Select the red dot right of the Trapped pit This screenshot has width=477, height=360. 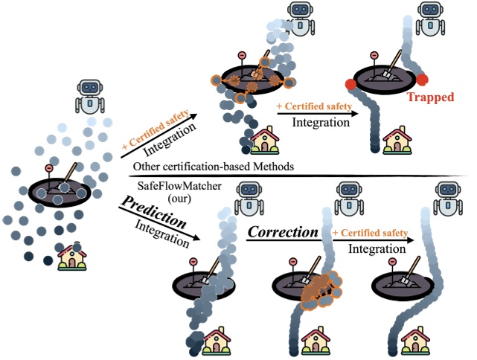pos(423,80)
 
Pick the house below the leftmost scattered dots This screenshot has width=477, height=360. pos(71,256)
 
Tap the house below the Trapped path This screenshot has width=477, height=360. pos(395,140)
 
